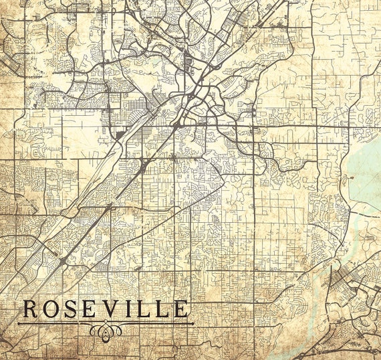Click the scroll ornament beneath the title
[x=106, y=330]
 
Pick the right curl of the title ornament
[x=116, y=330]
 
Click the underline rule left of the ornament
[x=53, y=324]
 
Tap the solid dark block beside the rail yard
[x=120, y=134]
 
